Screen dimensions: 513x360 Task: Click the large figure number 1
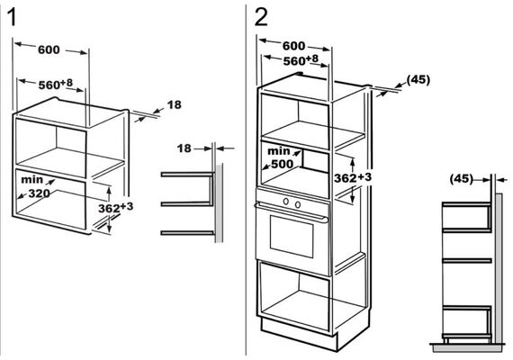pos(12,17)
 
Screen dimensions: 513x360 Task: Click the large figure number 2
pos(261,17)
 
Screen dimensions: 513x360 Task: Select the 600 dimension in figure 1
pos(49,49)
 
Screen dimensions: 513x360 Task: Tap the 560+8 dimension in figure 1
pos(56,84)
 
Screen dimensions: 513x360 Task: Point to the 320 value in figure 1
pos(40,193)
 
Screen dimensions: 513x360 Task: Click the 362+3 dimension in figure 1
pos(116,208)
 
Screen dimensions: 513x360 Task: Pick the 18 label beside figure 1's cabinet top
pos(174,104)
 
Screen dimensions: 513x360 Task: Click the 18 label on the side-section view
pos(184,148)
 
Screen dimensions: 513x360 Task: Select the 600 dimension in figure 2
pos(293,46)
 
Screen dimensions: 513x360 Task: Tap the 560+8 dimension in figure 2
pos(301,60)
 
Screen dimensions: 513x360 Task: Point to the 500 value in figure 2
pos(283,164)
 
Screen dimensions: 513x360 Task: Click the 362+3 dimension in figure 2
pos(353,177)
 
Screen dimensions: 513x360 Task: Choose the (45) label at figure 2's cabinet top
pos(418,80)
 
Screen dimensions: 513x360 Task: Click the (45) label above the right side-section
pos(462,179)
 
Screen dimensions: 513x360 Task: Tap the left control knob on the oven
pos(286,202)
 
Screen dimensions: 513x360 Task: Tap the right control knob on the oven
pos(298,205)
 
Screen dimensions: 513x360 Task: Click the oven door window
pos(292,236)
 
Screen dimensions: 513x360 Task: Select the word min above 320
pos(31,180)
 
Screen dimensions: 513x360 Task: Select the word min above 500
pos(279,151)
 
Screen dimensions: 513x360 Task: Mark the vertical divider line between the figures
pos(246,180)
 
